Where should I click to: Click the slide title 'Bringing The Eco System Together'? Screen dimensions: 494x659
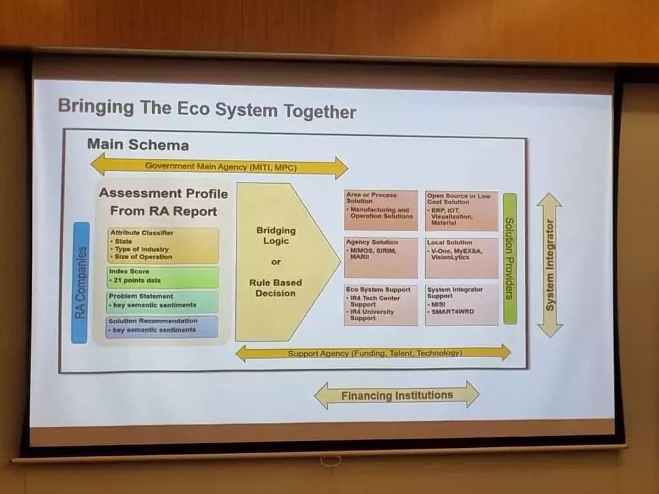tap(206, 109)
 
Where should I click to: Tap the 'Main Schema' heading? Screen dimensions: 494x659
tap(138, 145)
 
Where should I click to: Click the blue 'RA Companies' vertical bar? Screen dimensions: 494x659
tap(80, 283)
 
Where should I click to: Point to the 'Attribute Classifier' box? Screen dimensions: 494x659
tap(163, 245)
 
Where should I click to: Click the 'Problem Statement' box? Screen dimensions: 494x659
tap(163, 301)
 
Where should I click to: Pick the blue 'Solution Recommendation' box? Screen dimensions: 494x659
tap(163, 326)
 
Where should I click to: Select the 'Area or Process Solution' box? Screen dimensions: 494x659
tap(381, 210)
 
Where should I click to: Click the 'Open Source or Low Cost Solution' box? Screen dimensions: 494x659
tap(461, 210)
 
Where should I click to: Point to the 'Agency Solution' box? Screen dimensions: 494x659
tap(381, 257)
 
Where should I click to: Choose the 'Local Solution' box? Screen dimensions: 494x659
tap(461, 257)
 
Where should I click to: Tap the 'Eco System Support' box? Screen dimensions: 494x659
tap(381, 304)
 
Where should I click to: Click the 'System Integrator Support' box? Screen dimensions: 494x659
tap(461, 304)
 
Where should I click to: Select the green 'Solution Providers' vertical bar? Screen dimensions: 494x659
tap(509, 258)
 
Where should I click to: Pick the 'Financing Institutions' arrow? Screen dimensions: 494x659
tap(397, 396)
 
